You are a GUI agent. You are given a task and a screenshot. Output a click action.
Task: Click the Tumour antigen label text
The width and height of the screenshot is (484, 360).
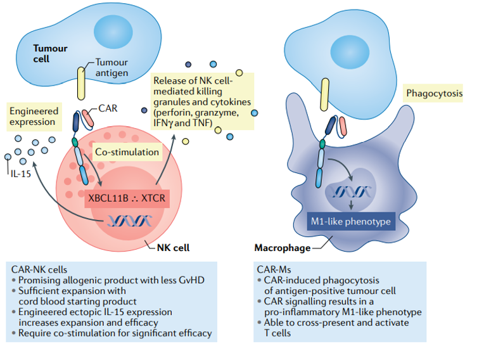(x=113, y=68)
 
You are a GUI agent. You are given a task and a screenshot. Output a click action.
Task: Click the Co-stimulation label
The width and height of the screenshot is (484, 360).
(x=126, y=153)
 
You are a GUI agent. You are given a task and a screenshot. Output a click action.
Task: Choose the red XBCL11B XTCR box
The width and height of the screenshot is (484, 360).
(x=126, y=198)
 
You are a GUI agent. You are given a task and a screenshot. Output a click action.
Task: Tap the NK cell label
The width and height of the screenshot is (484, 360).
(x=173, y=248)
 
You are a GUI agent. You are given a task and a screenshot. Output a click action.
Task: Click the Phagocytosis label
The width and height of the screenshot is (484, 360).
(x=434, y=94)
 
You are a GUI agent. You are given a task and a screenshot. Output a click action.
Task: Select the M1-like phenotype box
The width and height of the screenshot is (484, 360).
(x=352, y=222)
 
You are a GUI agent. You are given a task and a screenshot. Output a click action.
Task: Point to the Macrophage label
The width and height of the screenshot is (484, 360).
(x=283, y=248)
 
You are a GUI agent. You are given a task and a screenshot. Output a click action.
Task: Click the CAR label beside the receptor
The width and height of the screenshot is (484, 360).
(x=108, y=108)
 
